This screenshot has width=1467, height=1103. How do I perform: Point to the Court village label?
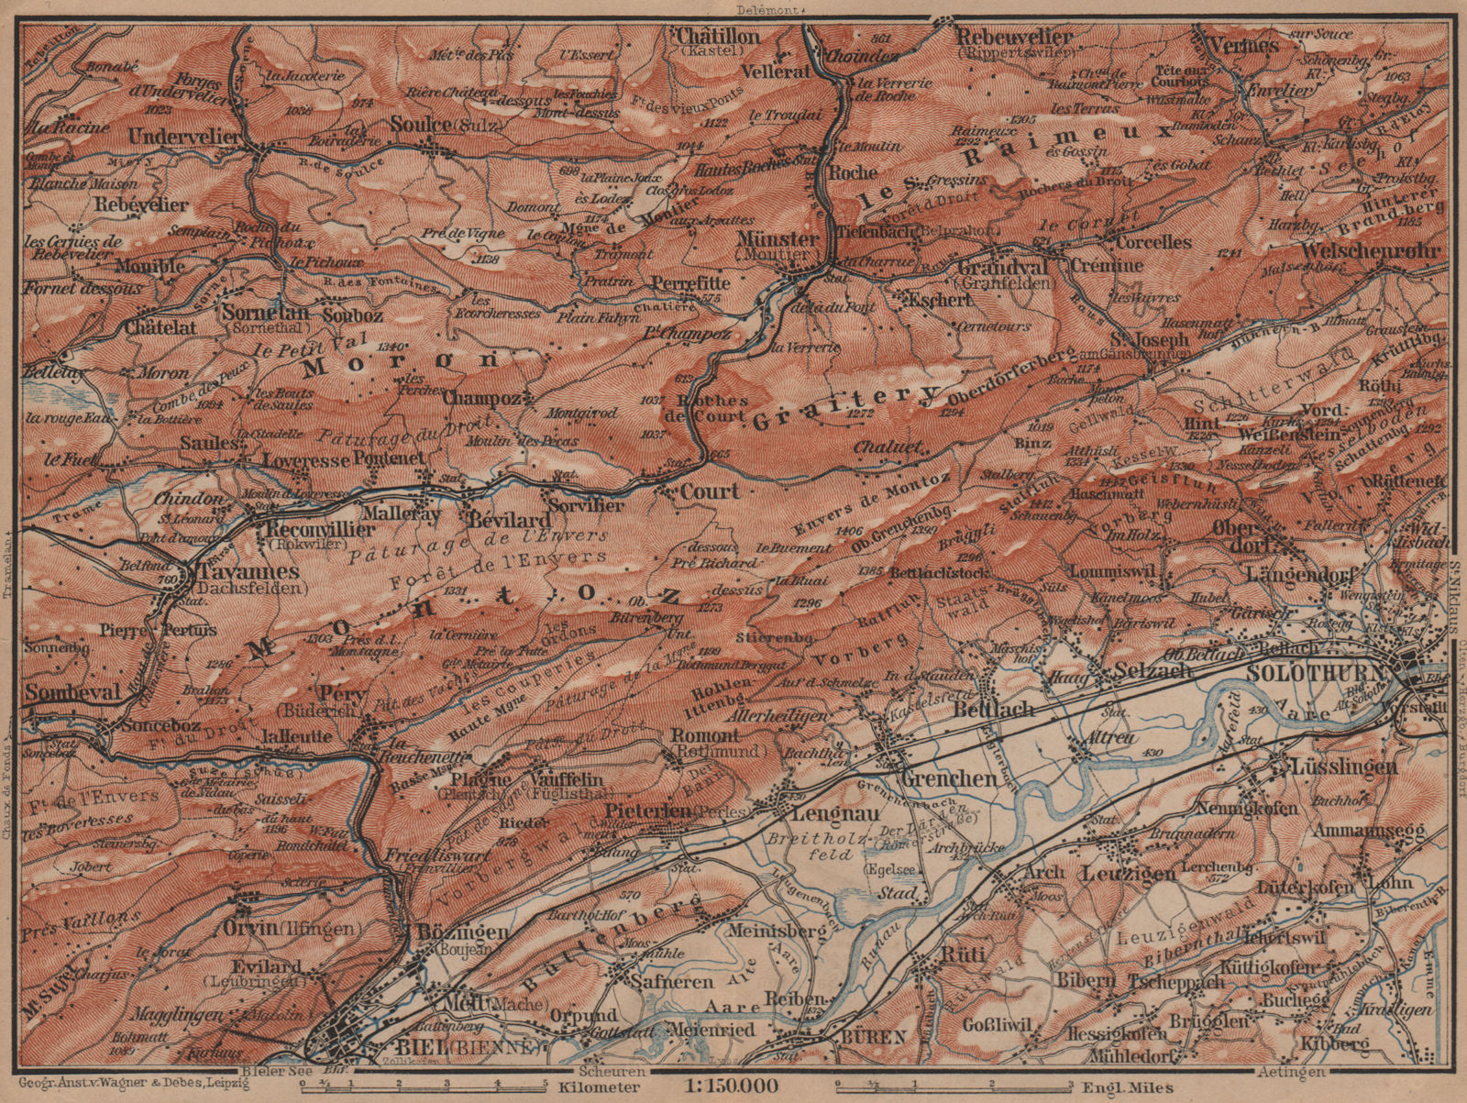[709, 491]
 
